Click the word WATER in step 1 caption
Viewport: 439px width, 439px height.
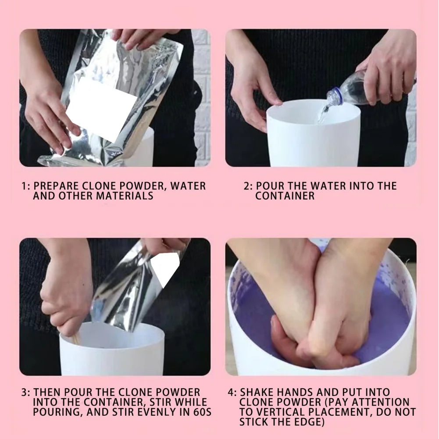tap(188, 186)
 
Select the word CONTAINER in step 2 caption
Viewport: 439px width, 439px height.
tap(285, 196)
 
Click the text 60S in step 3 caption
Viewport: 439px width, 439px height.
tap(202, 413)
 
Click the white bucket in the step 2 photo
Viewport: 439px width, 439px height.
tap(313, 136)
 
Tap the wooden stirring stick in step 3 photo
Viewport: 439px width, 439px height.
tap(77, 338)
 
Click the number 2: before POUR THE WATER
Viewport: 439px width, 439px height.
tap(248, 186)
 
